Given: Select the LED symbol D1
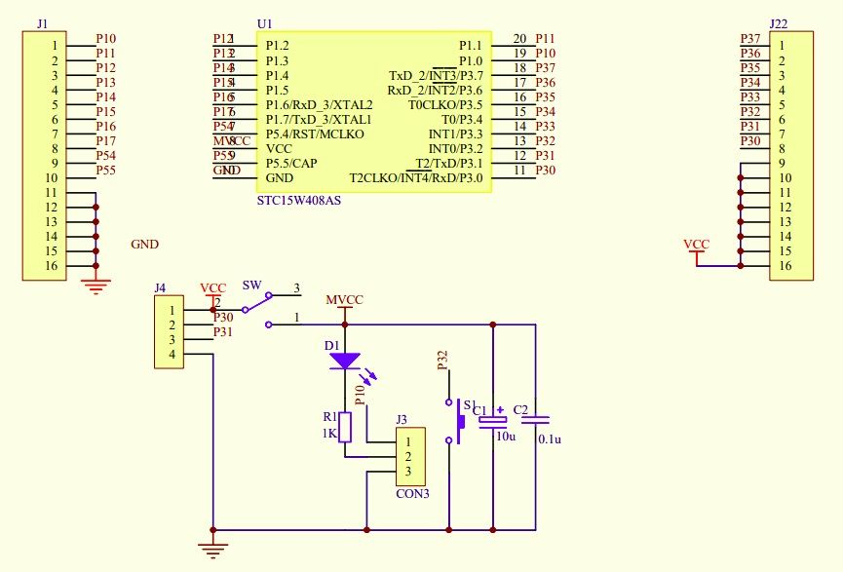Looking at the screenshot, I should (x=344, y=361).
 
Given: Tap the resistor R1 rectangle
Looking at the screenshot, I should (x=345, y=426).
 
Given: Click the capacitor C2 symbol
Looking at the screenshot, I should (x=542, y=420).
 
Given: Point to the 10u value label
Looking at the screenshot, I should (x=506, y=437).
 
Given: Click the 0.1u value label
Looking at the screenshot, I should (x=551, y=439).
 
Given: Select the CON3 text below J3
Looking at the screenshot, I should (x=412, y=494).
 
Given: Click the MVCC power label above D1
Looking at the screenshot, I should (x=344, y=299).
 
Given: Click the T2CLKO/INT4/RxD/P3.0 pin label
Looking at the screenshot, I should (x=416, y=177).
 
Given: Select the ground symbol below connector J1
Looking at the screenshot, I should (x=95, y=285).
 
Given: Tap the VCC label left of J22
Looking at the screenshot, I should (x=697, y=245).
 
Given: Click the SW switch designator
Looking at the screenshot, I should (x=251, y=286).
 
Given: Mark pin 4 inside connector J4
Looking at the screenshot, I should (x=171, y=354).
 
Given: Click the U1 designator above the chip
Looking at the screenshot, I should (x=265, y=23).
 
